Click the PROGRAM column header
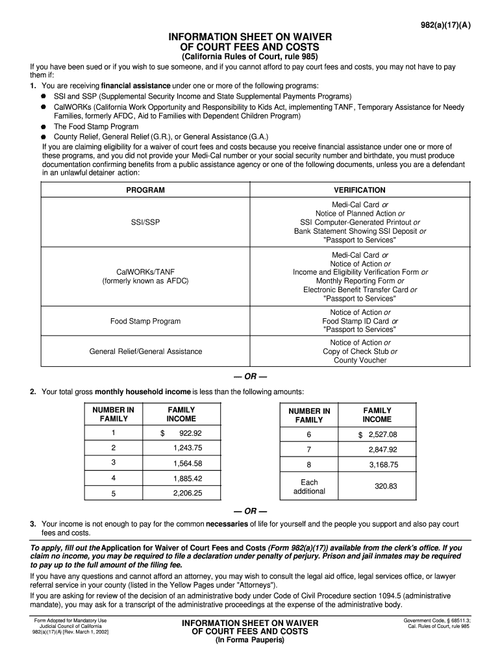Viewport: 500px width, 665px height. coord(145,190)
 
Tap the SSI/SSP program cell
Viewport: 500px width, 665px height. coord(145,222)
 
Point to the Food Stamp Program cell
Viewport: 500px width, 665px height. coord(145,321)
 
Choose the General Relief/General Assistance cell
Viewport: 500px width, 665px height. coord(145,351)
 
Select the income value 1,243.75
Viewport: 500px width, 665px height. coord(188,448)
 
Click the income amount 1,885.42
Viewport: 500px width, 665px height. coord(188,478)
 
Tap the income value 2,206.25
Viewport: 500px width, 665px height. coord(188,493)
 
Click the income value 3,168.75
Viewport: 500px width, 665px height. coord(383,464)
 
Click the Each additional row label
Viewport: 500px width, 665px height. coord(309,486)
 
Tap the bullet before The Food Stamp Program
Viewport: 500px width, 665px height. coord(42,127)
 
